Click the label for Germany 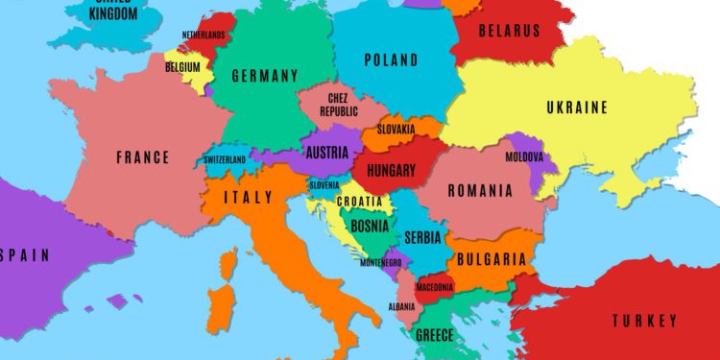pos(264,76)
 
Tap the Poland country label pos(392,60)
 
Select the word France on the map pos(142,157)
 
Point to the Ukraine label pos(576,108)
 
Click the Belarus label pos(509,32)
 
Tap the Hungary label pos(391,172)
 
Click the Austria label pos(326,152)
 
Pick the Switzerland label pos(225,159)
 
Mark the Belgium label pos(182,67)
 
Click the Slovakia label pos(396,129)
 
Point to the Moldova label pos(525,156)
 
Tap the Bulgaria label pos(492,259)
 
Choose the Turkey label pos(644,321)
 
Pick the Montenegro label pos(381,262)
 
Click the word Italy pos(248,198)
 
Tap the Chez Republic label pos(338,105)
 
